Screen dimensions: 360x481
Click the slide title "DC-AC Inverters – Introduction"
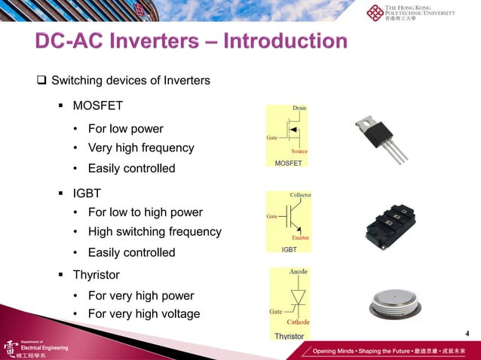[x=191, y=41]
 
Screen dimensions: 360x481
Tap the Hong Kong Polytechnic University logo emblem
[x=375, y=13]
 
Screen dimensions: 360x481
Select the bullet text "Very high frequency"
[x=141, y=148]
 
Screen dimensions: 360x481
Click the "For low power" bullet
[x=125, y=128]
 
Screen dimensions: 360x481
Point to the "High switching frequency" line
[x=155, y=232]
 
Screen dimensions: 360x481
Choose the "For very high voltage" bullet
[x=144, y=313]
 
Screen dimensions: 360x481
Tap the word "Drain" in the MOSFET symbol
[x=299, y=108]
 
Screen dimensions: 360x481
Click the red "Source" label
[x=299, y=151]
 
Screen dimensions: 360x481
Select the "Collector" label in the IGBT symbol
[x=300, y=194]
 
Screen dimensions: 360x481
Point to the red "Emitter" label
[x=299, y=237]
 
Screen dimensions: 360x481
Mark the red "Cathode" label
[x=298, y=322]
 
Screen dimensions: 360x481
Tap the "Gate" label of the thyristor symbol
[x=276, y=311]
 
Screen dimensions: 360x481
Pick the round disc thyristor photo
[x=398, y=303]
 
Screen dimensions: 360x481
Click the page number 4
[x=467, y=334]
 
